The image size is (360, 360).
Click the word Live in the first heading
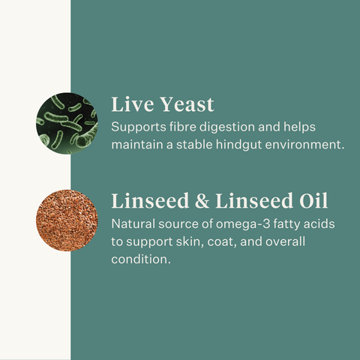[x=130, y=104]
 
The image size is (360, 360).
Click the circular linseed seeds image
[x=67, y=220]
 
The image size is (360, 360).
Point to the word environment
[x=307, y=144]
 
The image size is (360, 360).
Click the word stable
[x=193, y=144]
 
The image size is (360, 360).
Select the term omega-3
[x=237, y=223]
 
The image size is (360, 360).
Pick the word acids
[x=321, y=223]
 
